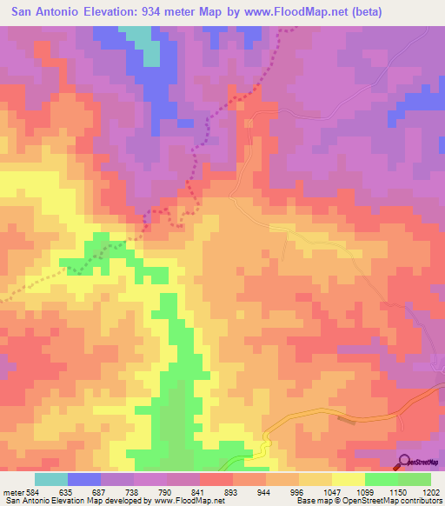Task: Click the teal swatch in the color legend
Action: click(x=51, y=479)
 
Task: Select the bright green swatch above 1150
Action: click(x=381, y=479)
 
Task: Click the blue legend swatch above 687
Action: click(x=84, y=479)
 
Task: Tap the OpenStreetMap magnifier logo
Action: click(x=405, y=461)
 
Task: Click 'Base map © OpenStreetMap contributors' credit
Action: click(x=369, y=501)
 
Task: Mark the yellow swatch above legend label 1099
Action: click(x=348, y=479)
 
